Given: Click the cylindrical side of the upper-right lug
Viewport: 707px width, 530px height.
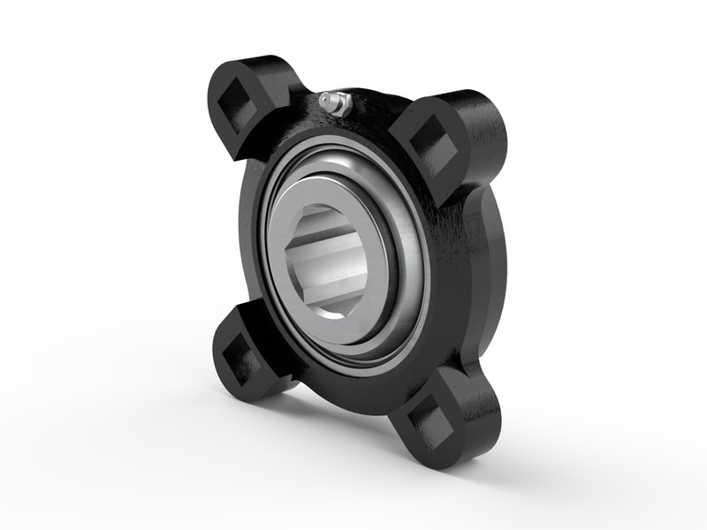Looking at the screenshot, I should point(482,132).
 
